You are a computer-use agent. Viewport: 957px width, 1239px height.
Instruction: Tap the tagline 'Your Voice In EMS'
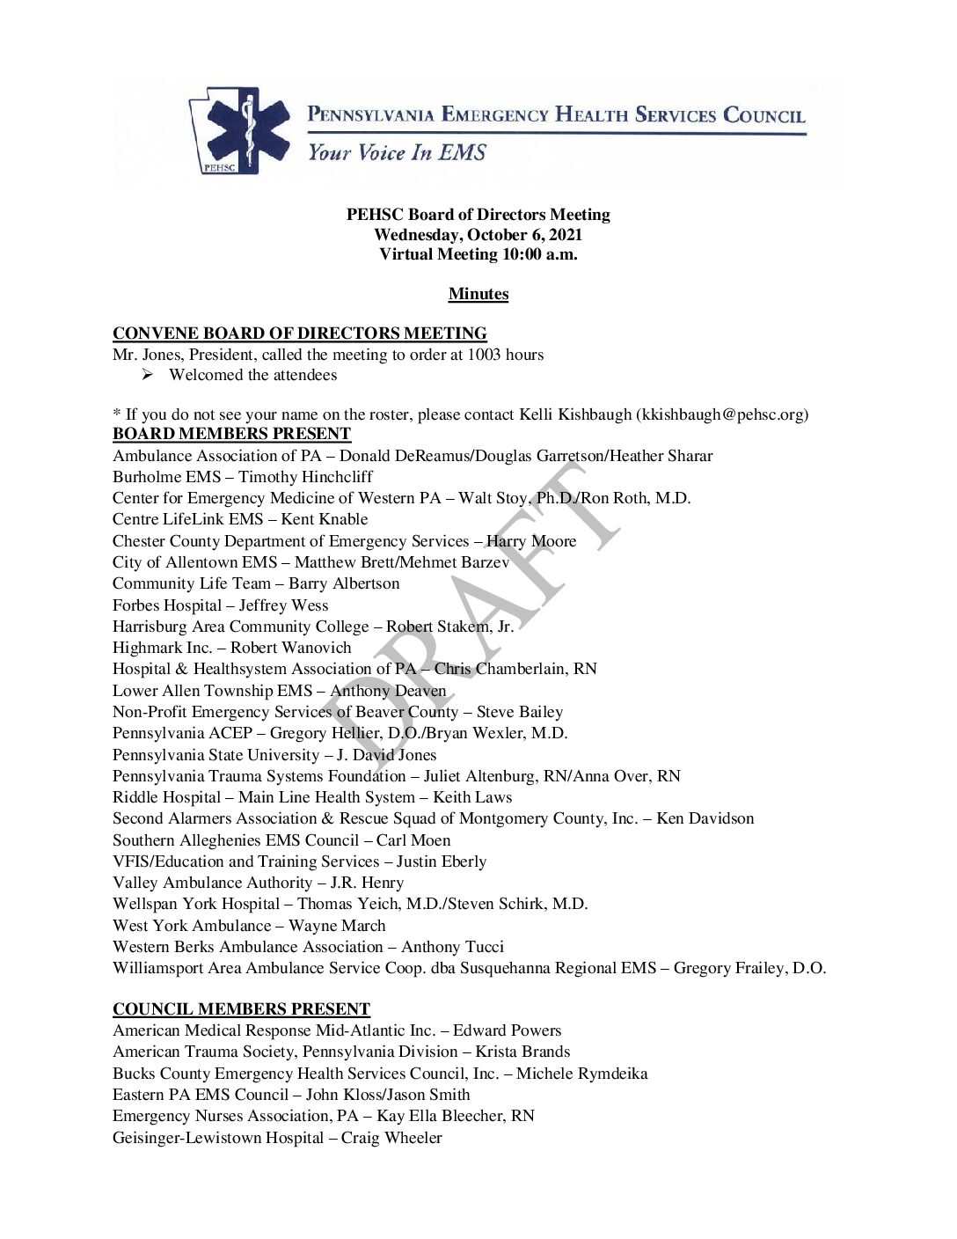coord(396,153)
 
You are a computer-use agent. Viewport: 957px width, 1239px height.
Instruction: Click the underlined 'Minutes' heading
coord(478,294)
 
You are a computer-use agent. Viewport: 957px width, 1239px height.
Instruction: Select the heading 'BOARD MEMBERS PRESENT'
coord(231,434)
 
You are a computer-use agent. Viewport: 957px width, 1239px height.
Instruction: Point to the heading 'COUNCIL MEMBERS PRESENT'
coord(241,1009)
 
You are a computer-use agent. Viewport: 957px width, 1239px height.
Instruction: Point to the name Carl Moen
coord(413,840)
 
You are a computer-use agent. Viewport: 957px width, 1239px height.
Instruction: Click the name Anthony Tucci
coord(452,947)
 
